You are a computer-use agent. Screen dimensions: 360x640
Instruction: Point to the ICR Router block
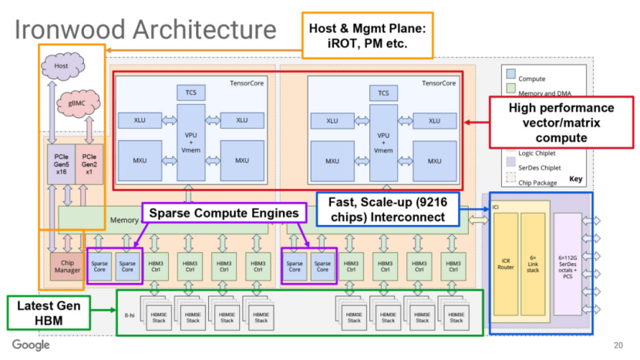pos(505,265)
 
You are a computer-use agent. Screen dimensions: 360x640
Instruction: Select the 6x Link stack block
pos(533,265)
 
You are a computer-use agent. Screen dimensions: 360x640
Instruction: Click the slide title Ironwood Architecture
pos(146,30)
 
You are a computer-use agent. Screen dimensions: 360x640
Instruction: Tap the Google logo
pos(31,345)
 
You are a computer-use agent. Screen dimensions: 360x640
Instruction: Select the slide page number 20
pos(618,345)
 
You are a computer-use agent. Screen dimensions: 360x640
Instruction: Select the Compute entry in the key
pos(532,79)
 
